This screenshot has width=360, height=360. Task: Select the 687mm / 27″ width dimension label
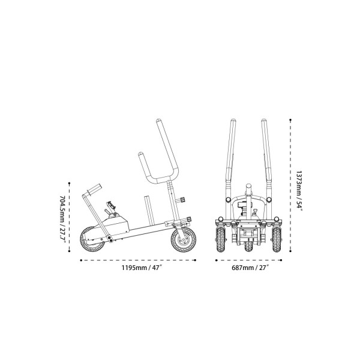250,268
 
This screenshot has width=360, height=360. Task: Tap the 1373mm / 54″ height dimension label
299,190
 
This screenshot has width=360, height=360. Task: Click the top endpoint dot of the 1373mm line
290,120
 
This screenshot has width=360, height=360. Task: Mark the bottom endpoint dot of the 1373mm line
290,251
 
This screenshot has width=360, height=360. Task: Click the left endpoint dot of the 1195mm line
81,260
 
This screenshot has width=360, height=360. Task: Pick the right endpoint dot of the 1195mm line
195,260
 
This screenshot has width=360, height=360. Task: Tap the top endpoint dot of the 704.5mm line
70,183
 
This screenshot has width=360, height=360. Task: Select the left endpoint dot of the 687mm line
216,260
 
